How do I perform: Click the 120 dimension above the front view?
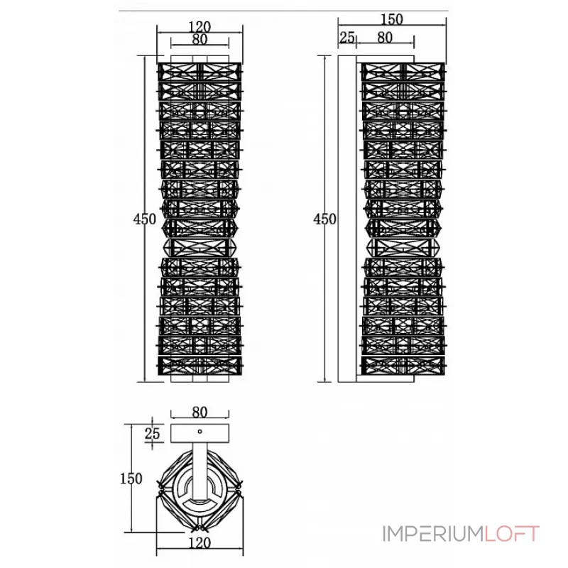(x=200, y=27)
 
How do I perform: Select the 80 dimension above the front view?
(x=200, y=39)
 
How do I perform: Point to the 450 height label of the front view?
(x=145, y=219)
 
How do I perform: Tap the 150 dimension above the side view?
(x=392, y=19)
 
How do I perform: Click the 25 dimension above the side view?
(x=347, y=37)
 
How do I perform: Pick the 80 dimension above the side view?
(x=385, y=37)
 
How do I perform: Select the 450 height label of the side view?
(x=324, y=219)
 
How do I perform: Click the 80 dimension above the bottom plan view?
(x=200, y=412)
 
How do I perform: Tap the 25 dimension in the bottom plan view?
(x=152, y=433)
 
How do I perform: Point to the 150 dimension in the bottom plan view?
(x=131, y=479)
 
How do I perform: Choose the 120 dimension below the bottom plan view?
(x=200, y=542)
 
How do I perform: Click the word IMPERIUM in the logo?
(x=433, y=534)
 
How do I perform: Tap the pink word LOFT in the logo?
(x=512, y=534)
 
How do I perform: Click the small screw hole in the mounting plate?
(x=200, y=432)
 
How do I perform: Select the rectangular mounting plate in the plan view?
(x=200, y=433)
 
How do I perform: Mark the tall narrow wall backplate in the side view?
(x=347, y=219)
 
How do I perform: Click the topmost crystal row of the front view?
(x=200, y=72)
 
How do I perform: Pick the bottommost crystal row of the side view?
(x=403, y=366)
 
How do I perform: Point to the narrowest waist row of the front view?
(x=200, y=247)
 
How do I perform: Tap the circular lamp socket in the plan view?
(x=200, y=490)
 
